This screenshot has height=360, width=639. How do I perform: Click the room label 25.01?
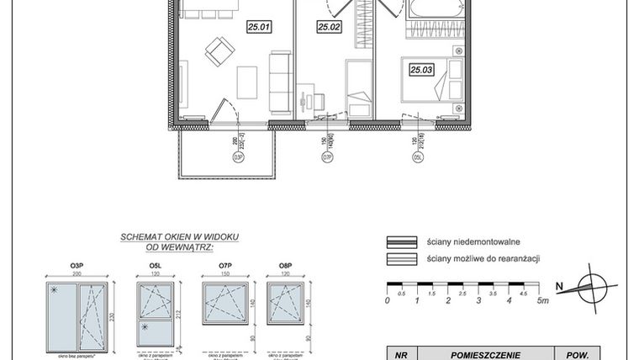click(x=258, y=28)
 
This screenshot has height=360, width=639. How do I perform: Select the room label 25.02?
click(x=328, y=28)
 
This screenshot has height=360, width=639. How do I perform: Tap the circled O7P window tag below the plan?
click(x=323, y=156)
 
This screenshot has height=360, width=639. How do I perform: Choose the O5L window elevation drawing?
click(x=156, y=311)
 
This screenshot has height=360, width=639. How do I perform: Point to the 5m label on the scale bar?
click(x=543, y=299)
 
